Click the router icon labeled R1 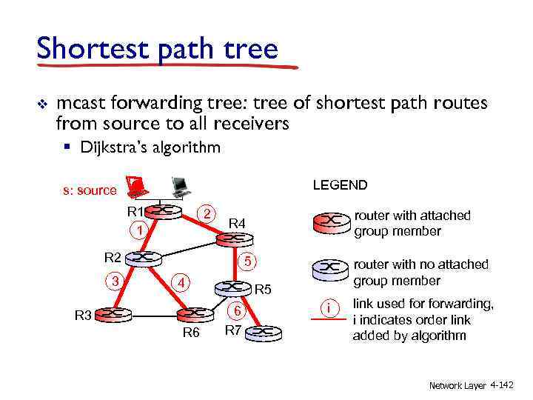pyautogui.click(x=166, y=211)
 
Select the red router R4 pyautogui.click(x=231, y=239)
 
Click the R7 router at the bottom pyautogui.click(x=264, y=332)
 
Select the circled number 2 pyautogui.click(x=209, y=213)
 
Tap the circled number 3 pyautogui.click(x=114, y=280)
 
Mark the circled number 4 pyautogui.click(x=180, y=282)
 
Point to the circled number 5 pyautogui.click(x=249, y=261)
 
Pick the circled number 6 pyautogui.click(x=235, y=312)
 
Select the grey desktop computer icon pyautogui.click(x=179, y=186)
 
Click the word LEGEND pyautogui.click(x=340, y=184)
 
